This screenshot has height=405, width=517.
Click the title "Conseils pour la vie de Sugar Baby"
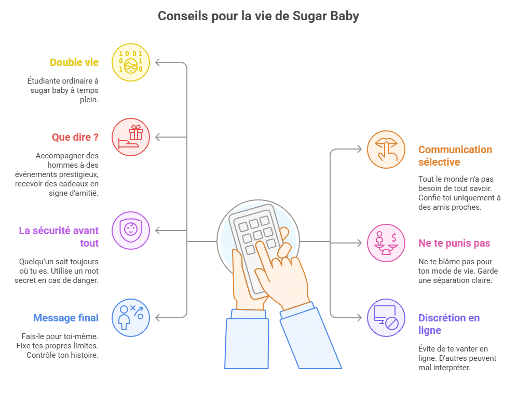(258, 16)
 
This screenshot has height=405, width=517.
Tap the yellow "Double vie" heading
(74, 62)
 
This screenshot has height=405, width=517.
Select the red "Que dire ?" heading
(75, 138)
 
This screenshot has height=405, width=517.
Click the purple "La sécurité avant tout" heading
(59, 237)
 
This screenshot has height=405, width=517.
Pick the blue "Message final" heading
(65, 318)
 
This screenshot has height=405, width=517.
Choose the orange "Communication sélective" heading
(455, 156)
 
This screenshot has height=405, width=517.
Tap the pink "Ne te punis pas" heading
(454, 244)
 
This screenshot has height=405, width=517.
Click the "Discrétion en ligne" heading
(448, 324)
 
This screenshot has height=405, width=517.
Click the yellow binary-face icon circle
(131, 63)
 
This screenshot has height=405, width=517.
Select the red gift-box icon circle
(131, 138)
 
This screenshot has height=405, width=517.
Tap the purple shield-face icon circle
(131, 231)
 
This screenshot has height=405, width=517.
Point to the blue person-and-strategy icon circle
(131, 317)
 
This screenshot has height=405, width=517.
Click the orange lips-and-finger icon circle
(386, 150)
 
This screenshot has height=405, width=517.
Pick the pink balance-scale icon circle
(386, 242)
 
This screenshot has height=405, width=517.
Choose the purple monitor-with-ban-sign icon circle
(386, 318)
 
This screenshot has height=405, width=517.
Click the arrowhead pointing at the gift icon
(158, 138)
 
